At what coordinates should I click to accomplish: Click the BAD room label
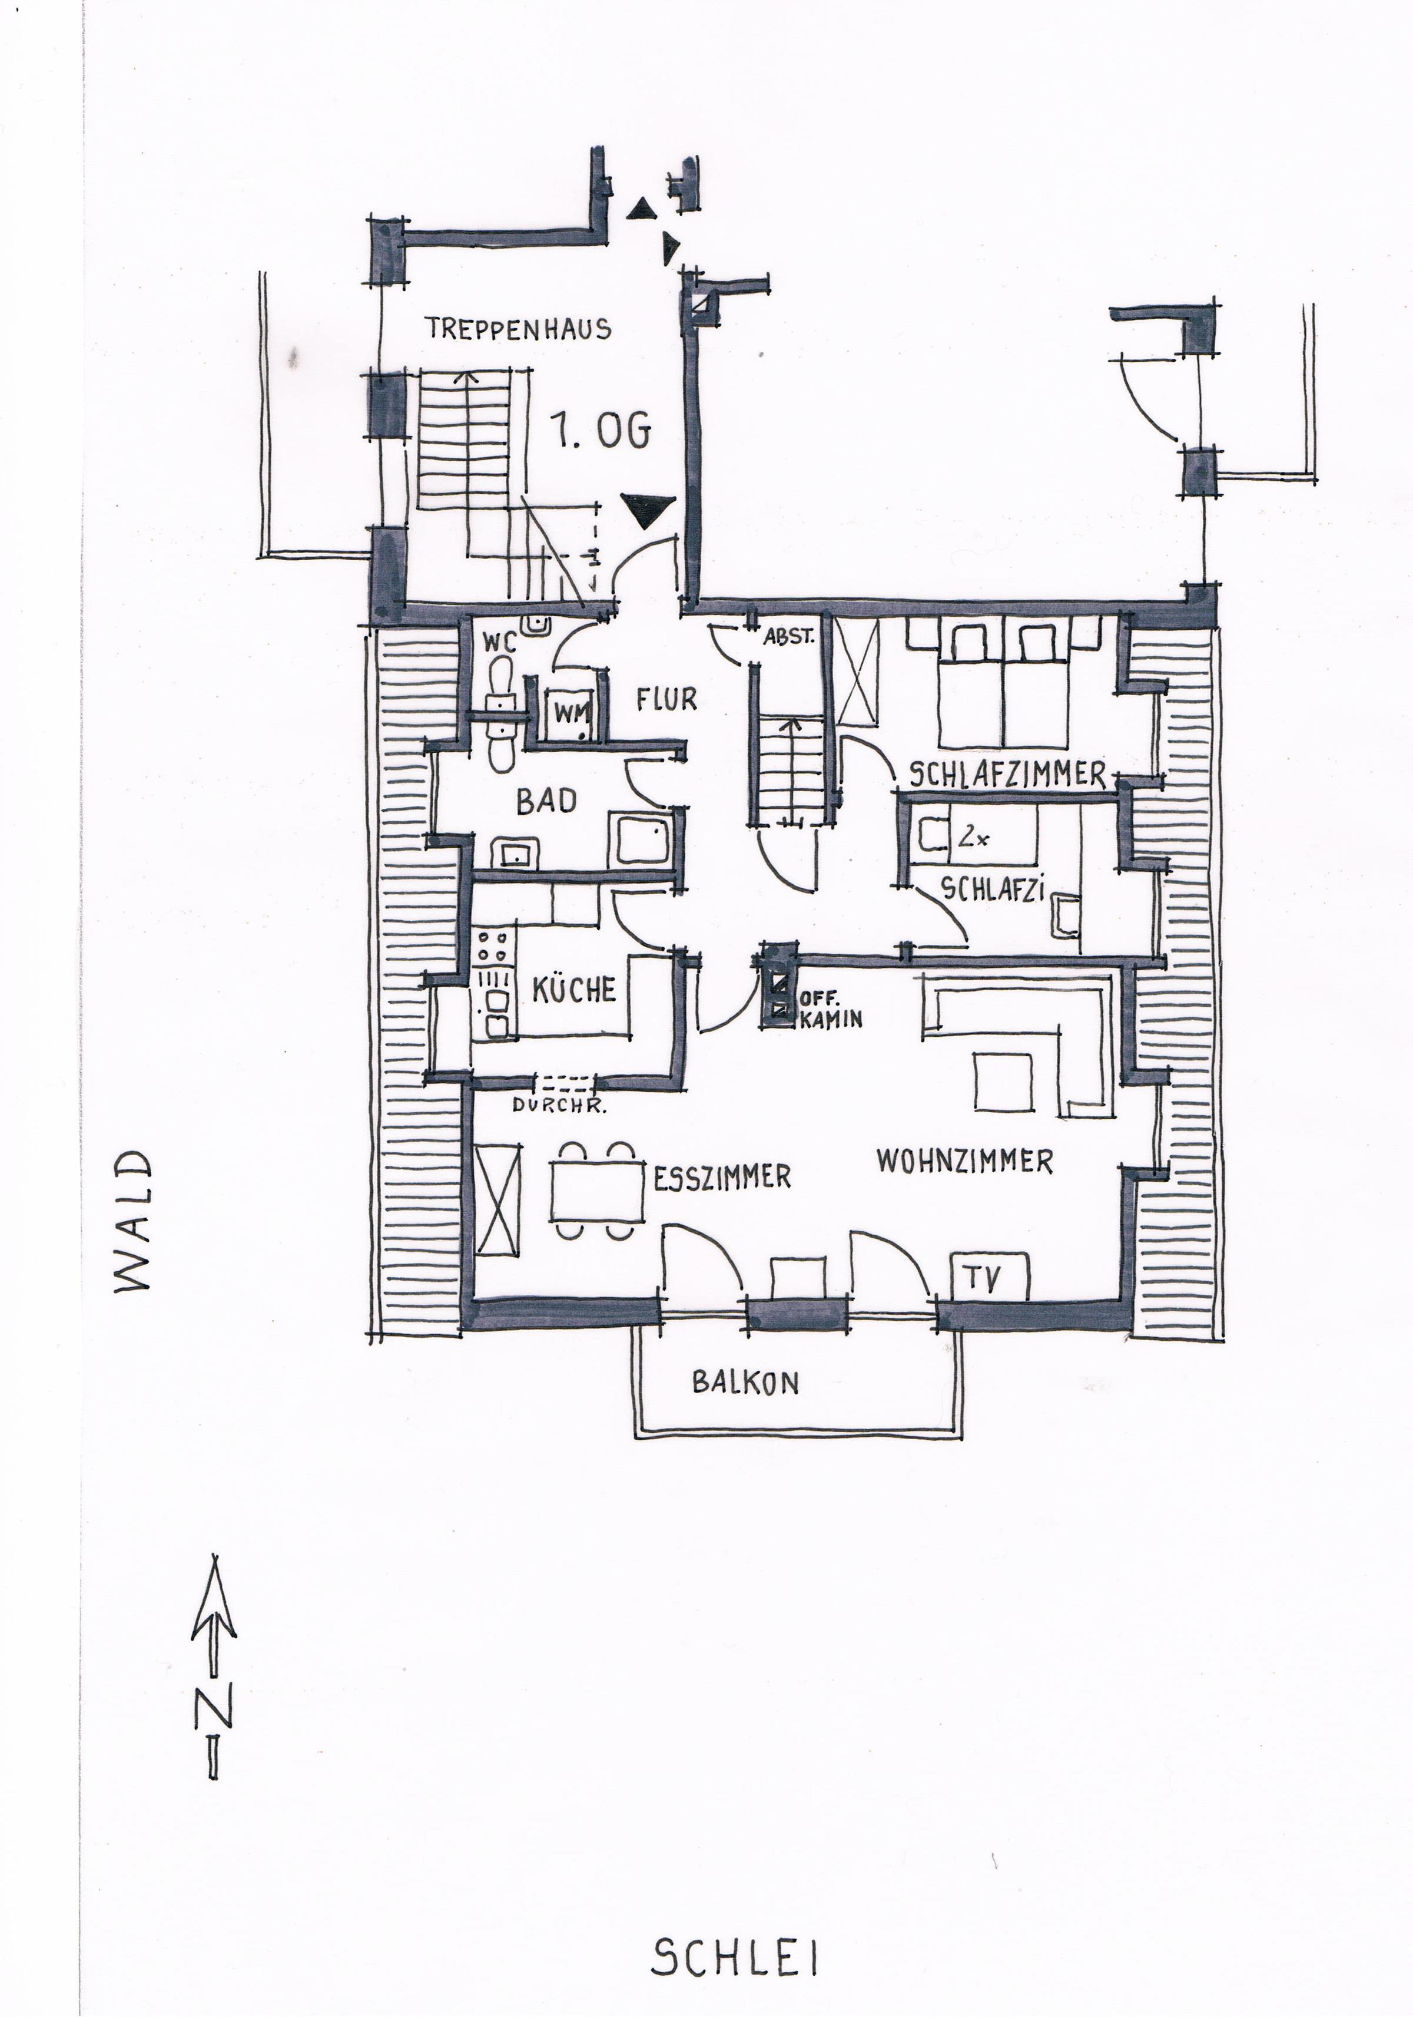(x=546, y=801)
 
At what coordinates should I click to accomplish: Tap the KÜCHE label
(x=575, y=989)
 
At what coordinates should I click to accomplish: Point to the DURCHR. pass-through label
(x=559, y=1107)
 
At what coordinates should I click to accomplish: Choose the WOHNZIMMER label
(x=964, y=1161)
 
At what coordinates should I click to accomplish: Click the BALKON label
(x=745, y=1383)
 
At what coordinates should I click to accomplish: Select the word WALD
(x=134, y=1221)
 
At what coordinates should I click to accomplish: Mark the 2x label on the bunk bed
(x=973, y=838)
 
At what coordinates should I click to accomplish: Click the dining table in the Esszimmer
(x=597, y=1191)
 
